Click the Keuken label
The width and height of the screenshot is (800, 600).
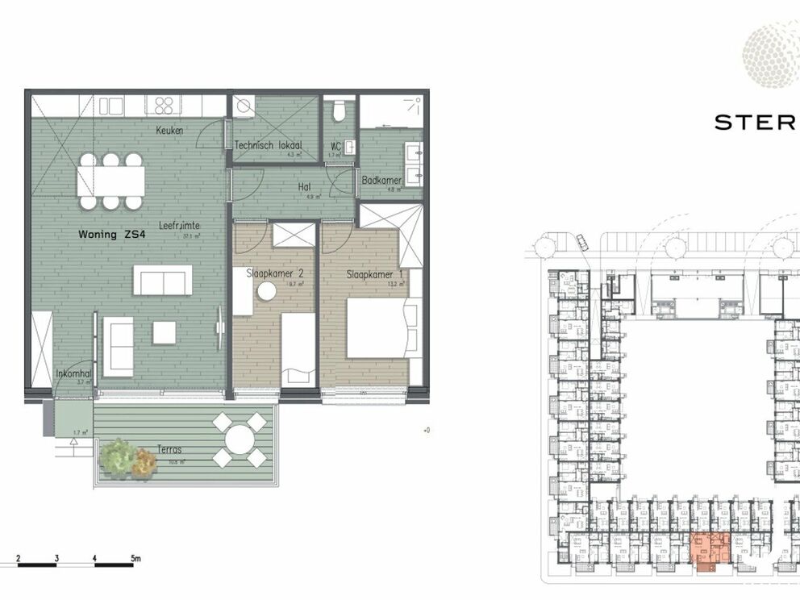click(x=170, y=131)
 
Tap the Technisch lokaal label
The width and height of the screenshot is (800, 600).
click(x=262, y=145)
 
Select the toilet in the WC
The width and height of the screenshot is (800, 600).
click(x=340, y=110)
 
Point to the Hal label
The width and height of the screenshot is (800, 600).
click(x=305, y=187)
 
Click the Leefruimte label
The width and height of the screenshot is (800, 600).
click(x=178, y=227)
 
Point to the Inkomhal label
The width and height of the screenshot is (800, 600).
click(x=73, y=374)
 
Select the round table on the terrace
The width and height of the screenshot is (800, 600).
click(x=240, y=440)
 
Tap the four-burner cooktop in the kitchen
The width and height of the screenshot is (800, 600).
click(x=165, y=106)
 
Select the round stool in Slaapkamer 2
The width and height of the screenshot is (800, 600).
click(x=267, y=291)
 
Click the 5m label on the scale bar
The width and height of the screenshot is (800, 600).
click(x=135, y=558)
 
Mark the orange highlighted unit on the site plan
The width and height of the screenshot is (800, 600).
click(x=710, y=551)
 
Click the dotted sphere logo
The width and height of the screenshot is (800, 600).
click(x=771, y=55)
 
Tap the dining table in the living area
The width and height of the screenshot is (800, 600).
click(x=110, y=181)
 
